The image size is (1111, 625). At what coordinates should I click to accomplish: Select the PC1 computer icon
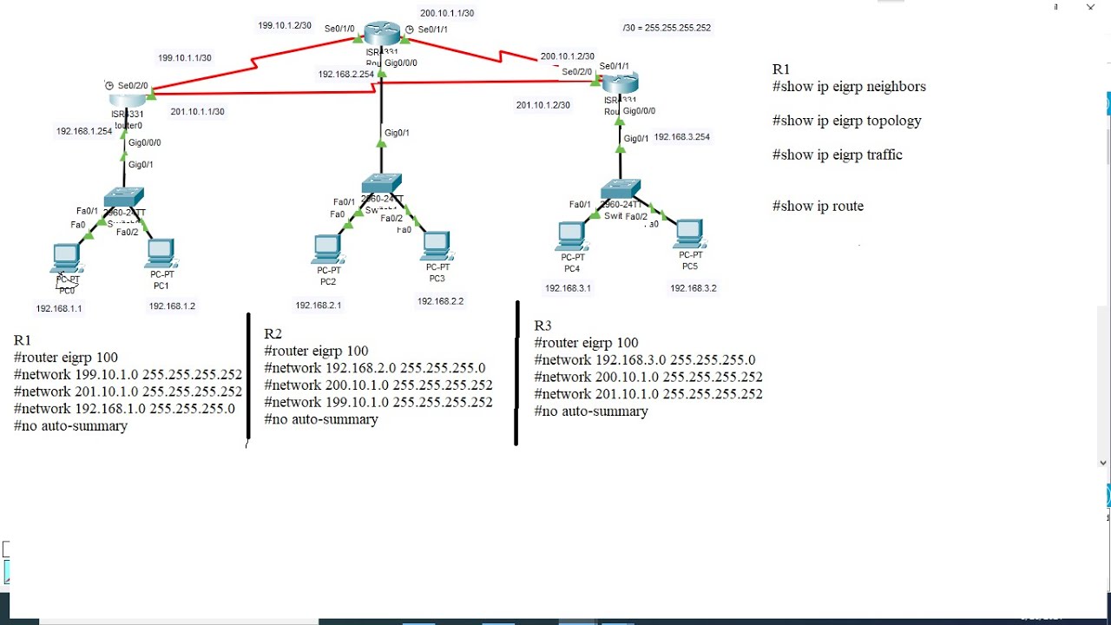point(161,253)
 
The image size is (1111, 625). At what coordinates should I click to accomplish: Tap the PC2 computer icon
point(327,249)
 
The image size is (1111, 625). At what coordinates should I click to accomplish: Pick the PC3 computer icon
point(436,246)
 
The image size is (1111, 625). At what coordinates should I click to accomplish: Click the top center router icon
point(382,34)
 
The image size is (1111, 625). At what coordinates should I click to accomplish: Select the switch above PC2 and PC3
point(382,184)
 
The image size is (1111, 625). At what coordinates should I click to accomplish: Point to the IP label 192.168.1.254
point(84,132)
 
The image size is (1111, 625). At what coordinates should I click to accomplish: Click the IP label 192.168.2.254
point(345,75)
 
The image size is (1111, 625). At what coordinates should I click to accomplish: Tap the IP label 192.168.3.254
point(681,137)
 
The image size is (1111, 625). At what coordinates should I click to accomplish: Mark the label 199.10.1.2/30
point(284,26)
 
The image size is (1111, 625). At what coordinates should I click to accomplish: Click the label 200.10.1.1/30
point(447,13)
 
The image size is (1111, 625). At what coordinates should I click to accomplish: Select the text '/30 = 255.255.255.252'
point(667,28)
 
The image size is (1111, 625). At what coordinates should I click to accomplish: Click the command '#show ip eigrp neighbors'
point(849,87)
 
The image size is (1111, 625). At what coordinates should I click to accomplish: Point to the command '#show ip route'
point(818,207)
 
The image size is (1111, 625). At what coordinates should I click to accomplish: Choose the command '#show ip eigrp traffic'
point(837,155)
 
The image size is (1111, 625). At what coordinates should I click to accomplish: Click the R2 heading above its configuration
point(273,334)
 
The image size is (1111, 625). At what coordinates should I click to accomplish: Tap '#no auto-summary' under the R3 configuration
point(591,411)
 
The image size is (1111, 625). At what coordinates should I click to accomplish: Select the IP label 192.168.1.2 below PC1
point(172,306)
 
